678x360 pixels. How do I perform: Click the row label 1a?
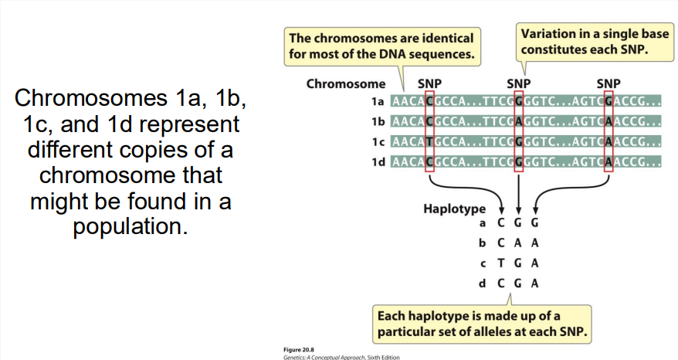378,101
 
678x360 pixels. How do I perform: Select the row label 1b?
378,121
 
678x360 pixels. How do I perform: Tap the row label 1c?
378,142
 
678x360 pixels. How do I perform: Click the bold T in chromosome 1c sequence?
429,142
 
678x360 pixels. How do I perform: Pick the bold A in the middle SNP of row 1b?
519,121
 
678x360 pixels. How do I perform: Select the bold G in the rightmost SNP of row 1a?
609,101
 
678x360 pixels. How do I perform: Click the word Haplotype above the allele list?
454,209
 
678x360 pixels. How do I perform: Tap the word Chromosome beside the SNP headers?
346,83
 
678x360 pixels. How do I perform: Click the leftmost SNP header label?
429,83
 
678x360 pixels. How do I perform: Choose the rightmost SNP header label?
609,83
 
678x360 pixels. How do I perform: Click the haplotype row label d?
483,284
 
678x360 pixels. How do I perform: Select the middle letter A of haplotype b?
518,243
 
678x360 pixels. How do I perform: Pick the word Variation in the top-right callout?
548,34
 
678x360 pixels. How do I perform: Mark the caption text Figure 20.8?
299,349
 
